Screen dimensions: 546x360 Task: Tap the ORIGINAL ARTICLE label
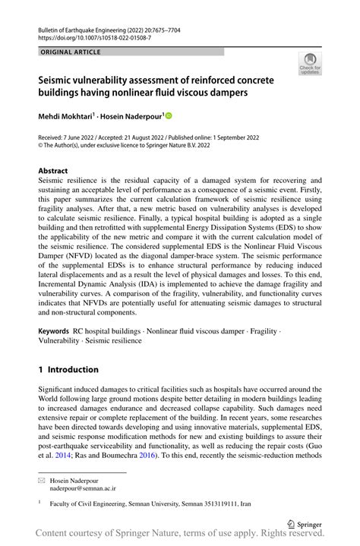click(x=69, y=51)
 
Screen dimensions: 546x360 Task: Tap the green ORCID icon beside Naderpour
click(x=169, y=116)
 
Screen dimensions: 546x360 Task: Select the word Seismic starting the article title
click(x=59, y=79)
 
